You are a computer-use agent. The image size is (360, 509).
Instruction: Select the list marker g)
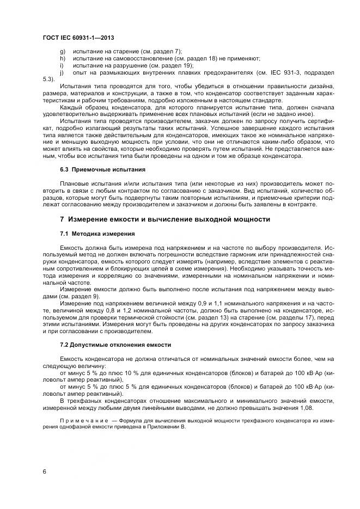[62, 51]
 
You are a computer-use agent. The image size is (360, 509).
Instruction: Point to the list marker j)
[62, 72]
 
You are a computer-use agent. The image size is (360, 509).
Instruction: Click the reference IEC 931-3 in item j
[286, 72]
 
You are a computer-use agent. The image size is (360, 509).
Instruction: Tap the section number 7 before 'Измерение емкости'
[62, 219]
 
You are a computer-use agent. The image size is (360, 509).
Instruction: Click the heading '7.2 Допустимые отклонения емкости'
[115, 345]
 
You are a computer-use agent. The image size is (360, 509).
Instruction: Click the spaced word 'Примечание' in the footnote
[82, 421]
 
